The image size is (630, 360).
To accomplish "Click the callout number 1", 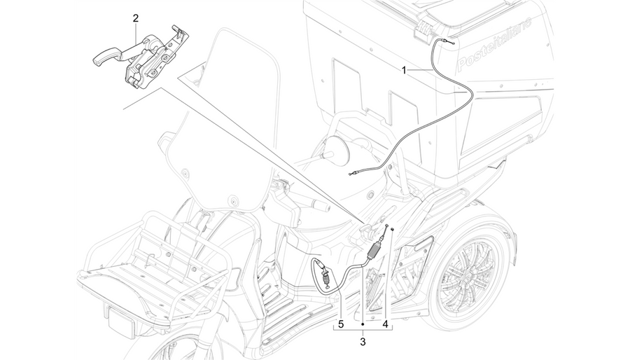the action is click(x=404, y=71).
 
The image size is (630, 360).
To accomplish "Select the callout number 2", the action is click(x=136, y=18).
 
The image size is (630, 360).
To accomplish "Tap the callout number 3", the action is click(x=363, y=342).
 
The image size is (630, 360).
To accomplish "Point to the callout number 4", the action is click(x=385, y=324).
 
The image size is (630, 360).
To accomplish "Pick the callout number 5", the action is click(x=341, y=324).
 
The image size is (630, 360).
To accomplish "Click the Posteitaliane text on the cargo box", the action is click(x=495, y=44).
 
